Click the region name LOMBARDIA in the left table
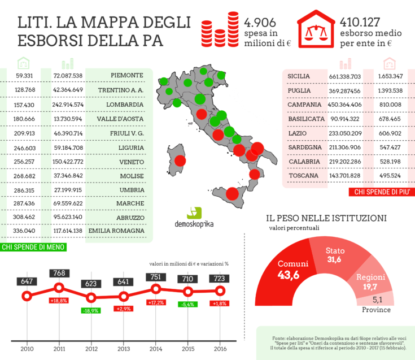click(x=125, y=105)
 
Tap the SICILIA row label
click(x=299, y=76)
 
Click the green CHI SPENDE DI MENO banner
click(x=33, y=247)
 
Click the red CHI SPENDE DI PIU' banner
click(x=382, y=193)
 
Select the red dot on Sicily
click(x=231, y=194)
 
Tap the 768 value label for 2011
click(x=58, y=273)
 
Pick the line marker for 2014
click(x=155, y=289)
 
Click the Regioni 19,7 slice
click(x=370, y=281)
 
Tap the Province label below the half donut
click(x=377, y=309)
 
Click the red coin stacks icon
click(x=220, y=31)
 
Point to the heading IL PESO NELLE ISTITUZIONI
click(x=326, y=217)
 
